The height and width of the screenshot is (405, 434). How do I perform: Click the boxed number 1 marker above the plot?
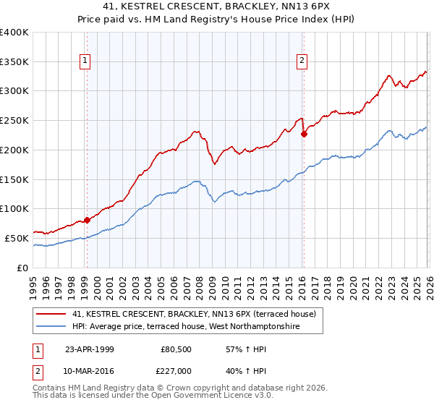86,61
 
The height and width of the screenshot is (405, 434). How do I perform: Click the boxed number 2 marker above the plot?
301,61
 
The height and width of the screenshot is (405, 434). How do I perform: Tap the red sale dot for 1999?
87,220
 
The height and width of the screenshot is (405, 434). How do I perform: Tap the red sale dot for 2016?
304,134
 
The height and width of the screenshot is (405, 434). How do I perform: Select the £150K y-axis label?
14,179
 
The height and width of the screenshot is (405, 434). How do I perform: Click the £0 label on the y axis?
22,268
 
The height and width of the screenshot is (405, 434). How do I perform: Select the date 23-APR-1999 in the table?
90,349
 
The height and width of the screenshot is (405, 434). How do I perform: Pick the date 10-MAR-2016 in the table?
90,370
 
